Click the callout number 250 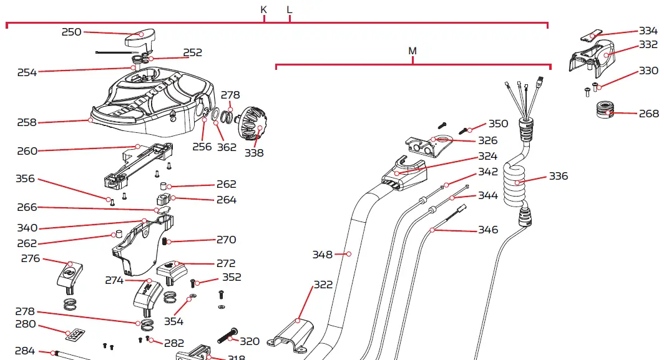(x=71, y=32)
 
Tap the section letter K (x=263, y=9)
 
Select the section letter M (x=412, y=51)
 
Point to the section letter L (x=289, y=9)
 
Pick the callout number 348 (x=323, y=254)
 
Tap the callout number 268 (x=648, y=114)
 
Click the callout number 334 (x=648, y=31)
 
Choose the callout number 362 (x=227, y=147)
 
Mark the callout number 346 (x=488, y=230)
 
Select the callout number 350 (x=498, y=124)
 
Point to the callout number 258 (x=27, y=122)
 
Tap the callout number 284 (x=24, y=351)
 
